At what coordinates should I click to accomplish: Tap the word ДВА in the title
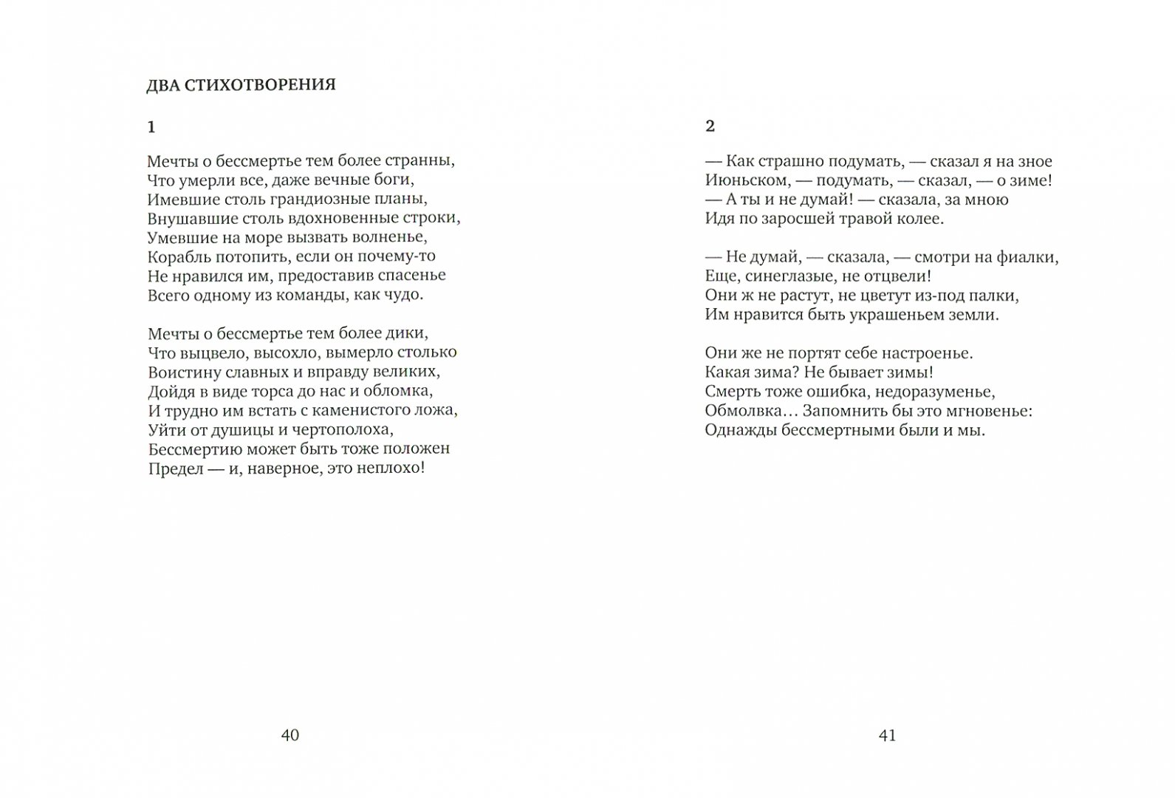[x=162, y=85]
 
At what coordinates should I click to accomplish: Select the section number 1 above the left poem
[x=151, y=127]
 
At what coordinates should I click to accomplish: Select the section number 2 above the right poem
[x=710, y=126]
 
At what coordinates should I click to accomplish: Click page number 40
[x=290, y=734]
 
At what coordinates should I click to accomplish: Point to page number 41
[x=887, y=734]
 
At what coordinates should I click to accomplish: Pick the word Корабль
[x=175, y=256]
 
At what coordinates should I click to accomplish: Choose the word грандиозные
[x=332, y=199]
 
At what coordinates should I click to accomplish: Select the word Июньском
[x=741, y=180]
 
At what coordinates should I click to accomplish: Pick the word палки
[x=998, y=295]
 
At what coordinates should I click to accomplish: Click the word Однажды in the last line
[x=739, y=429]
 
